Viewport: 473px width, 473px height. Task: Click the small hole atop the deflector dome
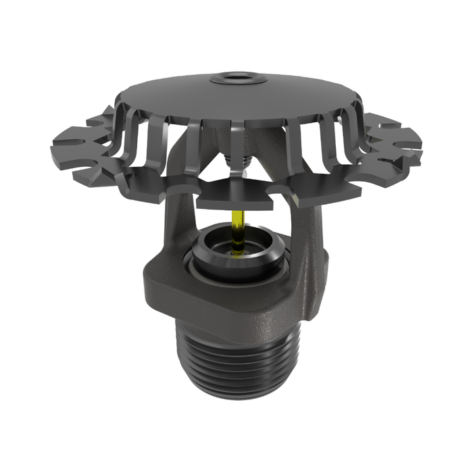pyautogui.click(x=236, y=78)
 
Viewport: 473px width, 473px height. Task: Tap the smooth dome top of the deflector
pyautogui.click(x=236, y=98)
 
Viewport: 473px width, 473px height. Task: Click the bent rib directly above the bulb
pyautogui.click(x=236, y=139)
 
